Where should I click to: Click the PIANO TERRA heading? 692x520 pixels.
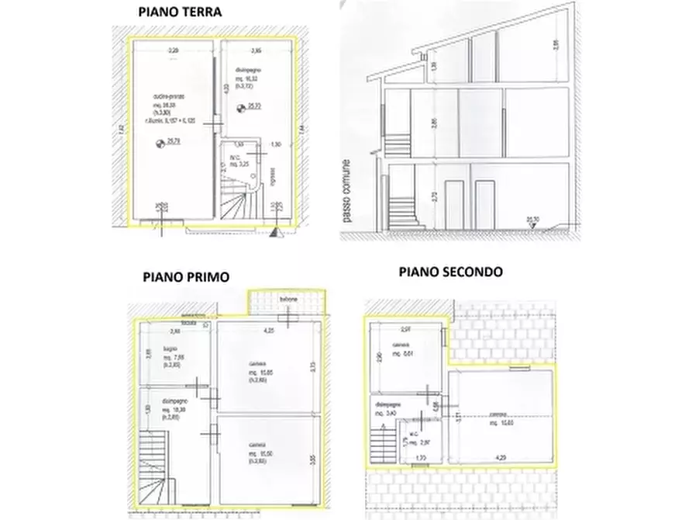[180, 12]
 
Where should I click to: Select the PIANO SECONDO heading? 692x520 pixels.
[451, 272]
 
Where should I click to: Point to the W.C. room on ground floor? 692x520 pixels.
[246, 163]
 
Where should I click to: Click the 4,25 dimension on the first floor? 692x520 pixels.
[269, 331]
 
